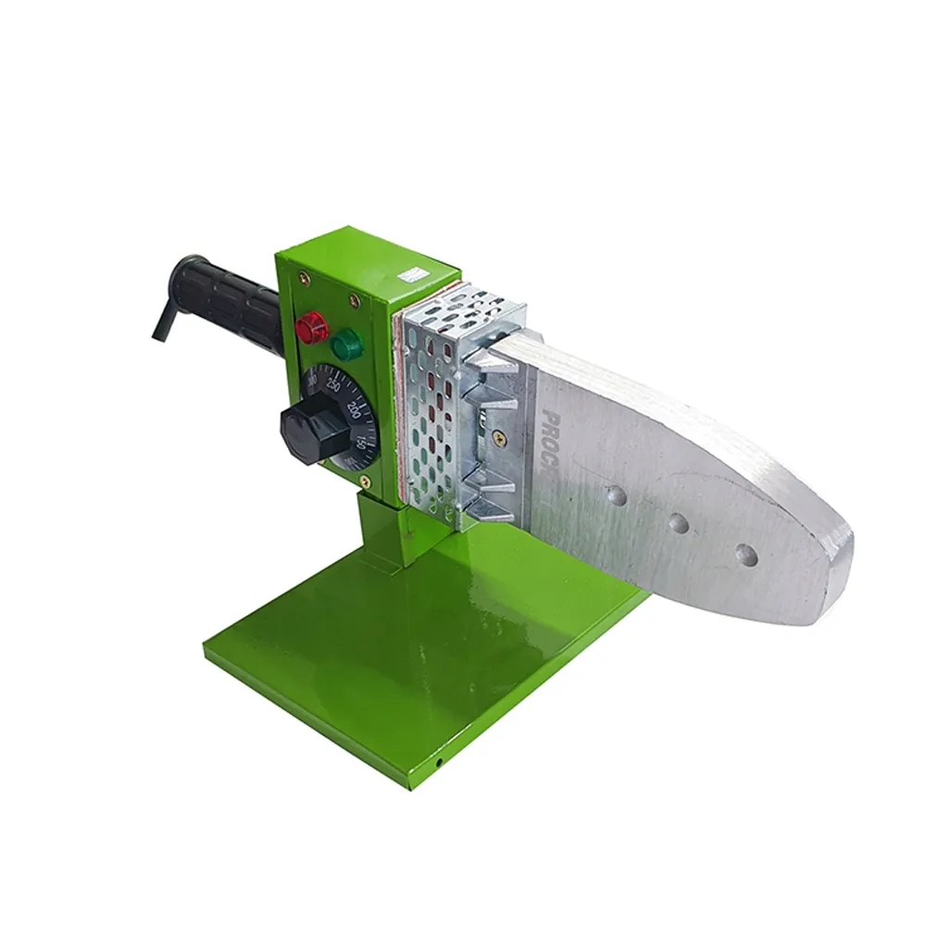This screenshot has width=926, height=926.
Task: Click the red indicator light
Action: (312, 325)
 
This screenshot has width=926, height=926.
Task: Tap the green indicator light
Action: (346, 344)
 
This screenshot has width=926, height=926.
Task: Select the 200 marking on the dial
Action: (354, 409)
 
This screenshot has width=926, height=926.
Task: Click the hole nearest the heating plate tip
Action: (745, 555)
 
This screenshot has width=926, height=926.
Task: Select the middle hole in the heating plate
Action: (678, 524)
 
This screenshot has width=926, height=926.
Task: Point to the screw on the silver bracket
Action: (499, 435)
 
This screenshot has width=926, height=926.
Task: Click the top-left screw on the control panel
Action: (302, 275)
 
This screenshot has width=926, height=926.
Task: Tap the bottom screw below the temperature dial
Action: (365, 480)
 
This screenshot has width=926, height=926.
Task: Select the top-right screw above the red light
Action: (353, 299)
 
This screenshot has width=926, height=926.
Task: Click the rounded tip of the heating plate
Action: (838, 574)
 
